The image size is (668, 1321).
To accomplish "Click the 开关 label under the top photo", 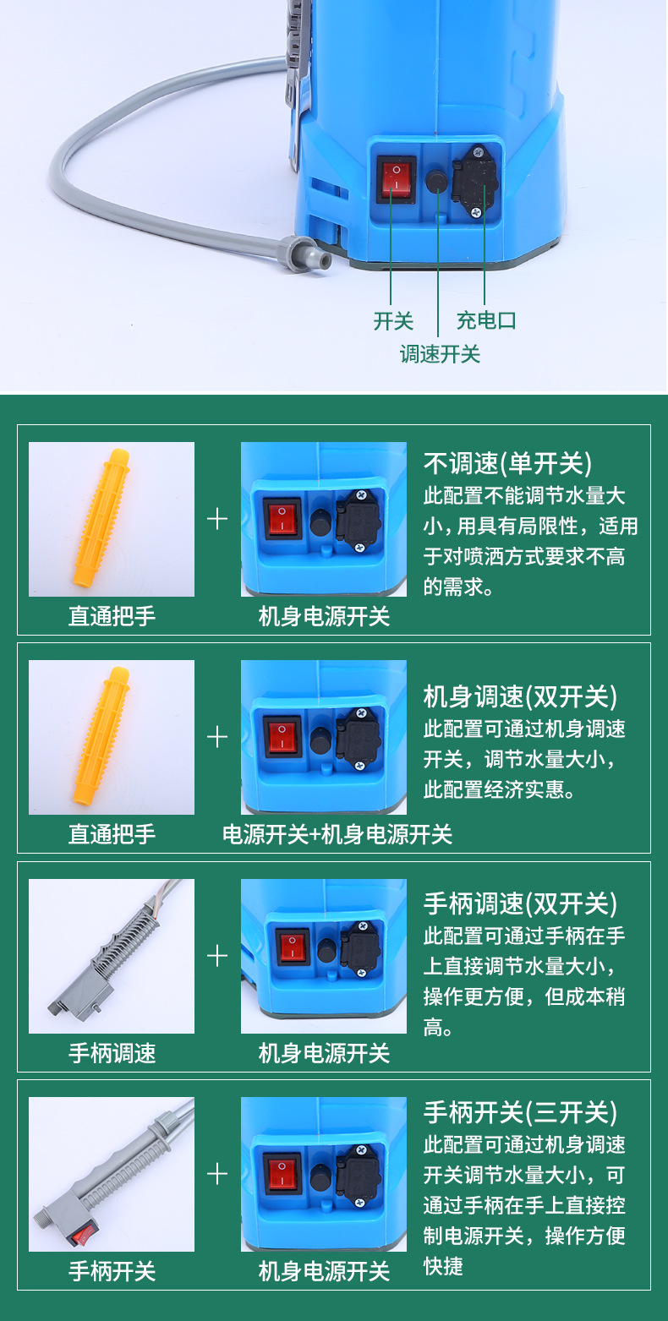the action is [x=393, y=321].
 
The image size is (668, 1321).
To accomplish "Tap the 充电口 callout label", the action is [x=486, y=320].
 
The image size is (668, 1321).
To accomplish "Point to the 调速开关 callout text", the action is [x=440, y=354].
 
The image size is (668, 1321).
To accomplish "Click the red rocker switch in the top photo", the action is [x=397, y=177].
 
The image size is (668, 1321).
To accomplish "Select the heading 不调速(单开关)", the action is [x=507, y=463].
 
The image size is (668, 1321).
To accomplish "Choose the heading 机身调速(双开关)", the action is [x=520, y=696].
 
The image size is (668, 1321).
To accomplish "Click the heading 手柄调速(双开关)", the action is [x=520, y=903].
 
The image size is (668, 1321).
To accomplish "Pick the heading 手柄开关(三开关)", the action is [x=520, y=1112].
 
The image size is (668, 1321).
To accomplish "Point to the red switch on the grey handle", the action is [x=83, y=1234].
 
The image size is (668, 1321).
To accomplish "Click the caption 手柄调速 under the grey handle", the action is [x=112, y=1053].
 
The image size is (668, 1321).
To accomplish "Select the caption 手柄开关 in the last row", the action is [x=112, y=1271].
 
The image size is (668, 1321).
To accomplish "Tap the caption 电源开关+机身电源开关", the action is [x=337, y=834].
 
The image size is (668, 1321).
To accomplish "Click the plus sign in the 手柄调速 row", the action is [x=217, y=956].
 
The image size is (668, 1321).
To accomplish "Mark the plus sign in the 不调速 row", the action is [x=217, y=519].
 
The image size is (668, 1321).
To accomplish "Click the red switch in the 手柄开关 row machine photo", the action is [x=282, y=1174].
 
